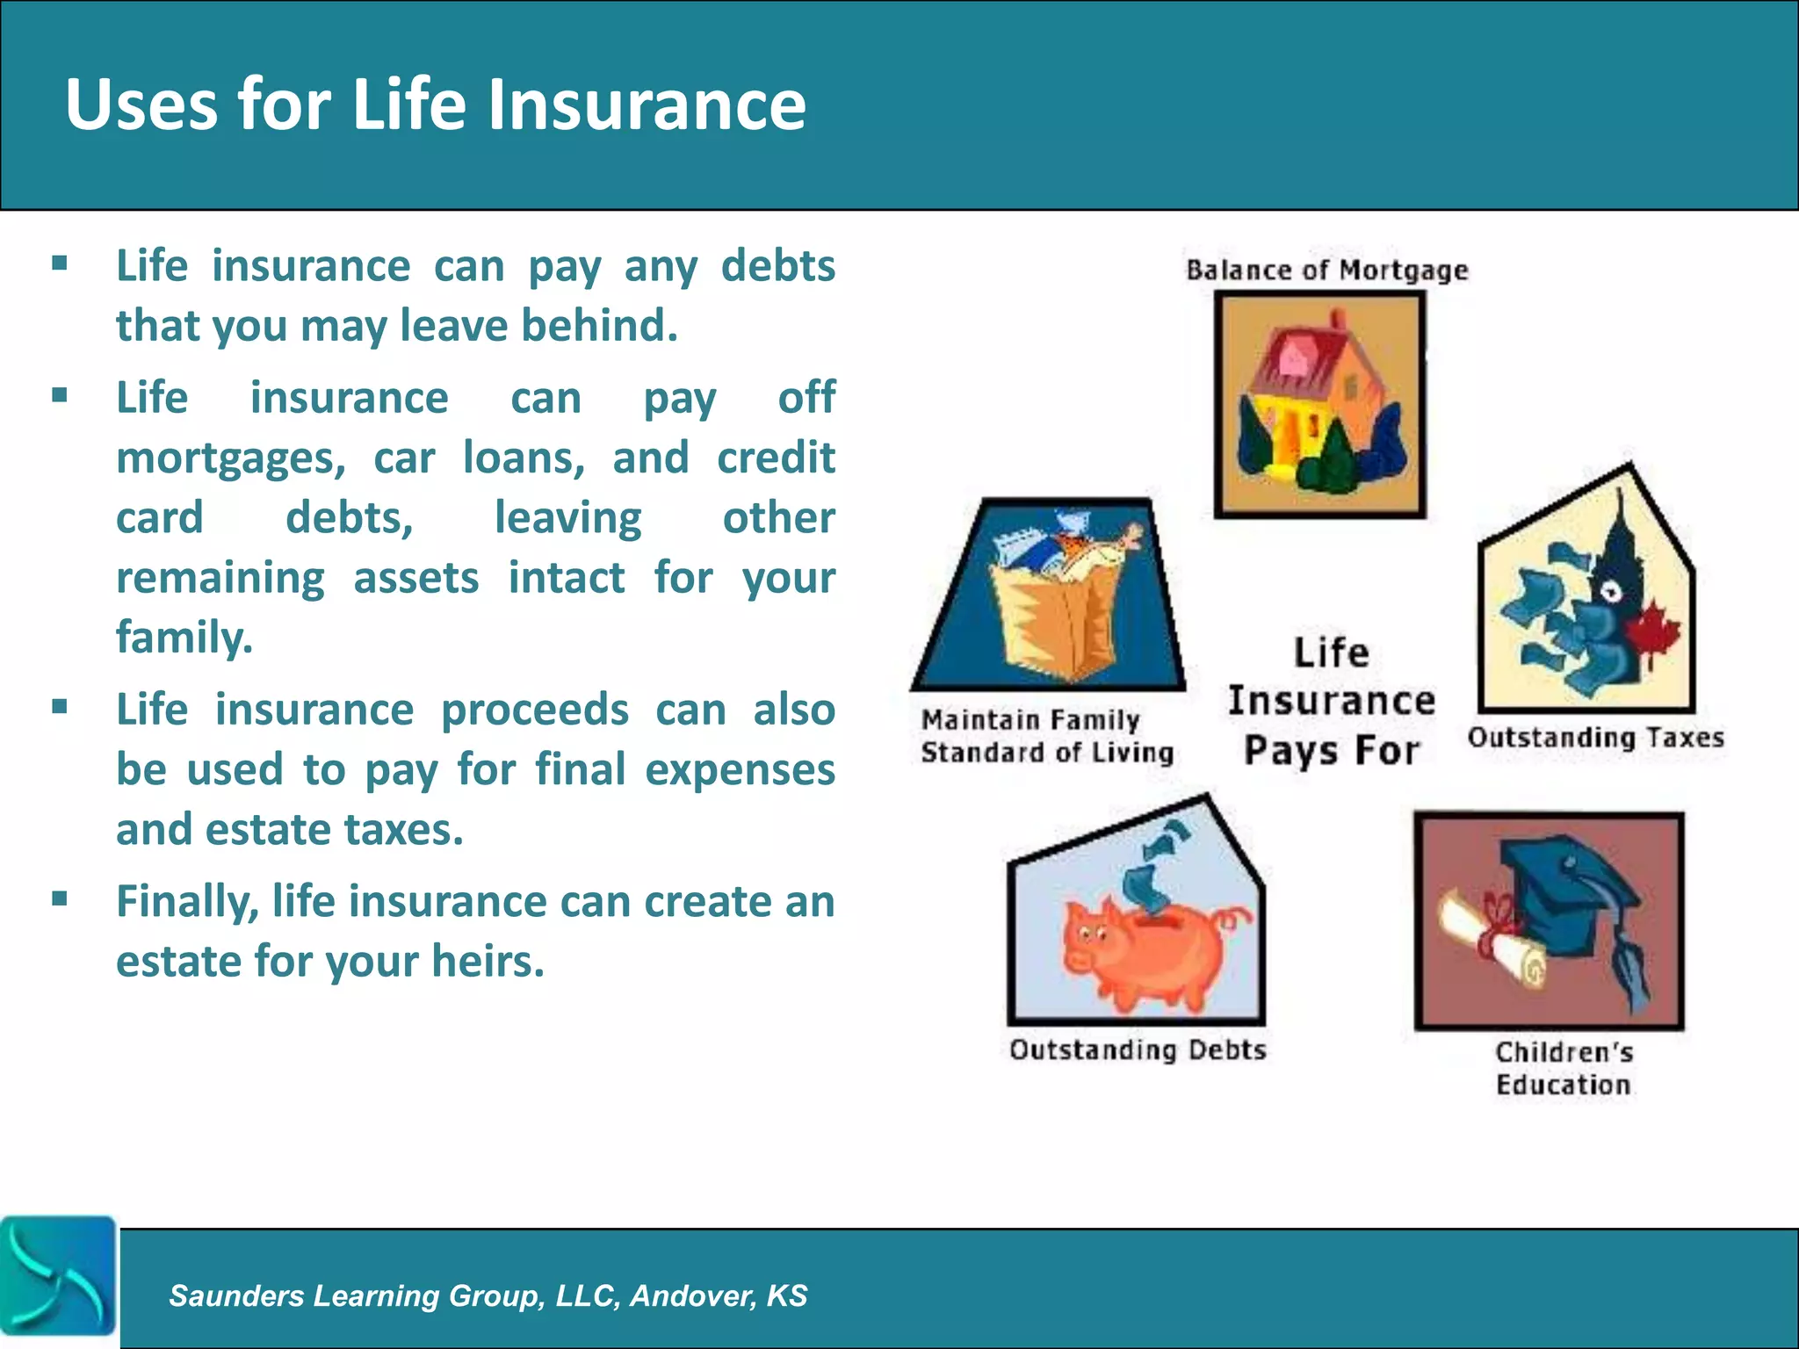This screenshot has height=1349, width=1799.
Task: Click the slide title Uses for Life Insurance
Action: click(435, 105)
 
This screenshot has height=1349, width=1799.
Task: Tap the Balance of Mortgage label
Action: click(1326, 270)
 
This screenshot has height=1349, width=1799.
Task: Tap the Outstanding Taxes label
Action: click(1595, 737)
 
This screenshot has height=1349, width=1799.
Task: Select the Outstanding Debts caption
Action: click(1138, 1050)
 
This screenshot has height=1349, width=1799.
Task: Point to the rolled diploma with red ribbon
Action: click(1493, 940)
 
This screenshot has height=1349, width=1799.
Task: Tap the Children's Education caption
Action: click(1564, 1068)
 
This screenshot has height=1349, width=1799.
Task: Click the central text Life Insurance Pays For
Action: click(1331, 701)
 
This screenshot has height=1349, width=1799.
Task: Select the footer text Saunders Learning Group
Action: click(488, 1295)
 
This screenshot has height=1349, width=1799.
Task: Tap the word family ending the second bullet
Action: click(184, 637)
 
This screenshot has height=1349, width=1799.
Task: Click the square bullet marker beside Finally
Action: click(60, 898)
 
